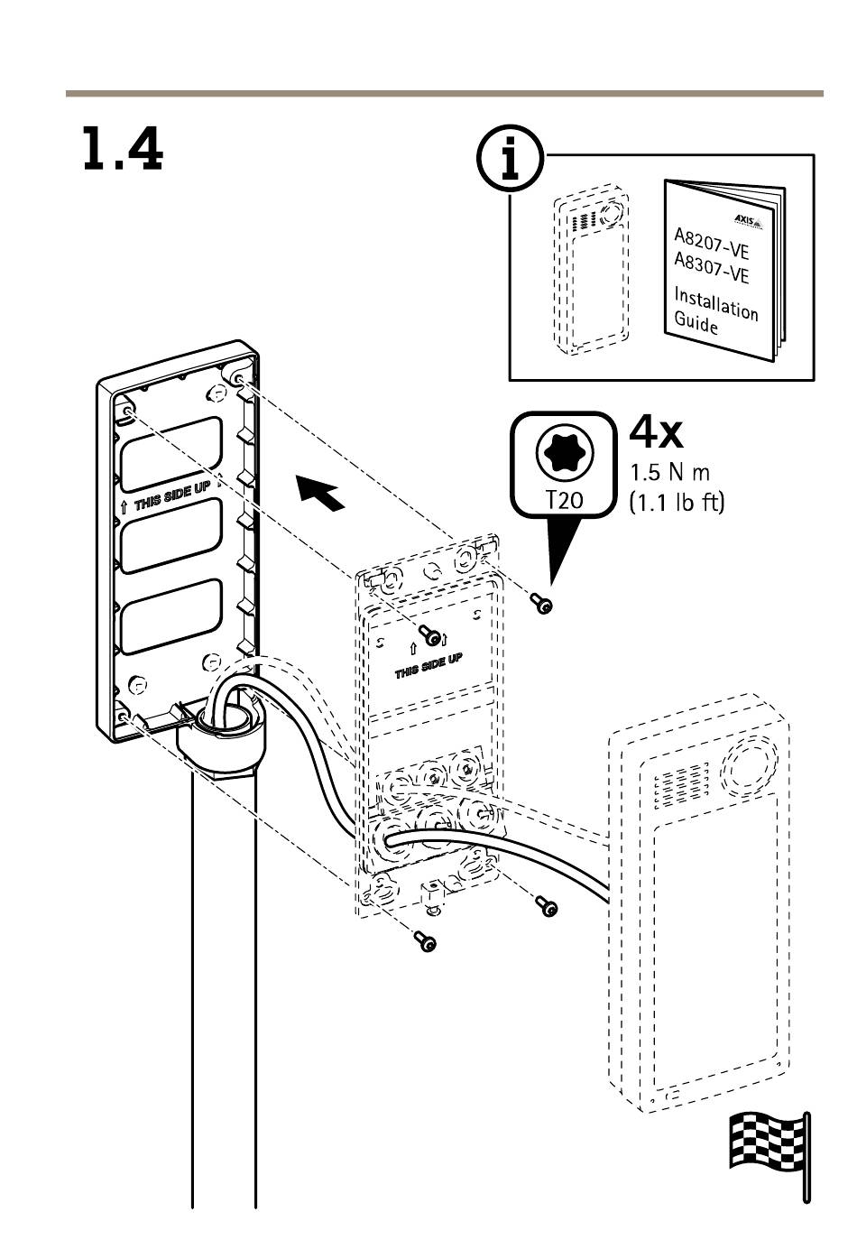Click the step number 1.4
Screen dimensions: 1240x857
(123, 150)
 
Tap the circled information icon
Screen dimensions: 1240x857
(511, 160)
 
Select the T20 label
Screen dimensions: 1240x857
(565, 499)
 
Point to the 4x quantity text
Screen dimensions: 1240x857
(657, 433)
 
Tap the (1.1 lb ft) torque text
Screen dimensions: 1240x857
(677, 503)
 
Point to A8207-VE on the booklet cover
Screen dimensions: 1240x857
(712, 244)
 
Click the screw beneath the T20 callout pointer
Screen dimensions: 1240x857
(542, 604)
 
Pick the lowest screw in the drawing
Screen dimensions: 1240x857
(424, 942)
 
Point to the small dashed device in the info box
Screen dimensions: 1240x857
(591, 271)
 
